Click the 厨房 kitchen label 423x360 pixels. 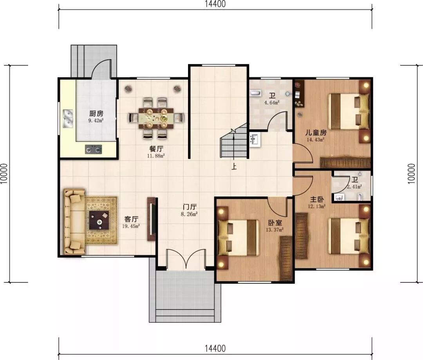(x=96, y=113)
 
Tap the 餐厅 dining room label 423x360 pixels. (x=156, y=149)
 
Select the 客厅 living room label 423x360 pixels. (x=131, y=219)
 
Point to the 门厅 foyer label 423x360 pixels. (x=190, y=207)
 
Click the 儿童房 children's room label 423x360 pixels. (x=316, y=133)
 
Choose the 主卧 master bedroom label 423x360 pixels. (x=317, y=200)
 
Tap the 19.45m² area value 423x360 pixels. (x=131, y=226)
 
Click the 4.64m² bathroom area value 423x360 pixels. (x=272, y=103)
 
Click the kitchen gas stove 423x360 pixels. (x=94, y=149)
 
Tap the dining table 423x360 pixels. (x=156, y=118)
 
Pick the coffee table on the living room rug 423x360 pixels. (x=99, y=220)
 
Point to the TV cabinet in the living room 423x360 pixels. (x=151, y=220)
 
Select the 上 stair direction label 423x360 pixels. (x=234, y=166)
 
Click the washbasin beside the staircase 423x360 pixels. (x=255, y=140)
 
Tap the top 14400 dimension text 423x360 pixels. (x=215, y=4)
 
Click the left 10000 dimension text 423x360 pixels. (x=4, y=174)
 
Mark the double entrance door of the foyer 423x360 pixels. (x=186, y=259)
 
